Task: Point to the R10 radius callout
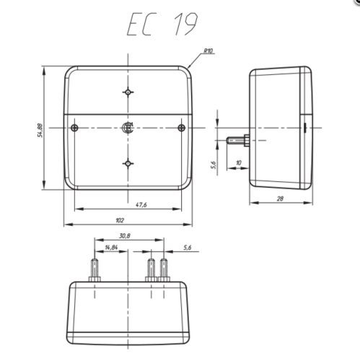(208, 51)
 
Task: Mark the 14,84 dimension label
(111, 248)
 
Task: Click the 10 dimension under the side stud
(238, 163)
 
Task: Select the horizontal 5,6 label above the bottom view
(187, 248)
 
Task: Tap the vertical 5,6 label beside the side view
(214, 166)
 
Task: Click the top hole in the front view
(128, 93)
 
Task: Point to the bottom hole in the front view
(128, 163)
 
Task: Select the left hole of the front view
(76, 129)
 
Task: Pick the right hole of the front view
(180, 129)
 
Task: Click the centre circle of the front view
(128, 129)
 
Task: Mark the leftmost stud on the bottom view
(95, 270)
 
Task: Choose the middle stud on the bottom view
(151, 270)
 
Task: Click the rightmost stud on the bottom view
(165, 270)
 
